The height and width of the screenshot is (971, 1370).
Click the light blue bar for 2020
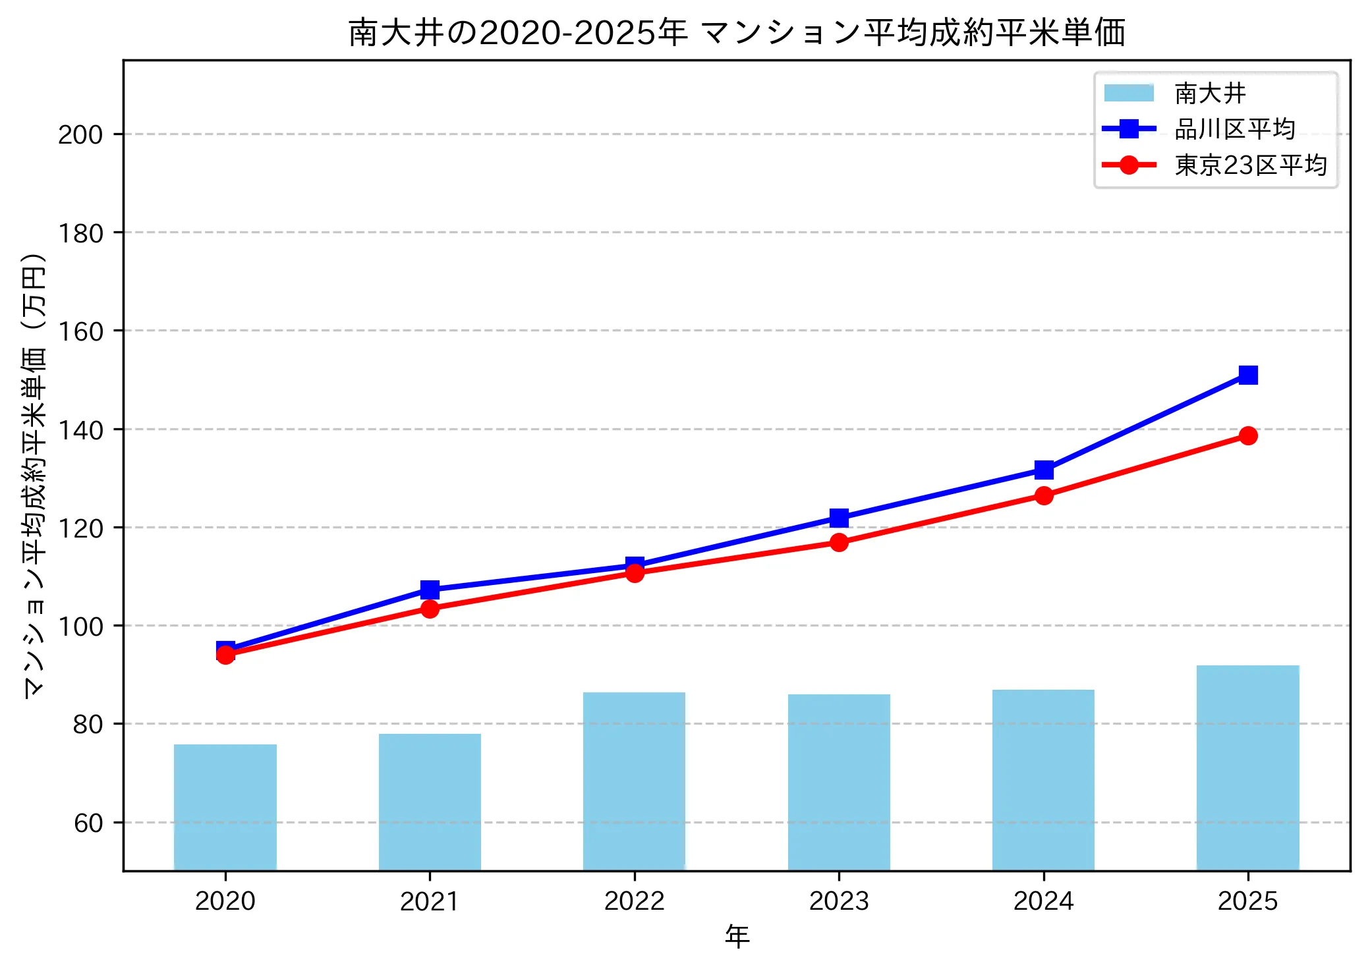(x=225, y=807)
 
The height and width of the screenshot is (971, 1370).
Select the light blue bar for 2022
(x=634, y=781)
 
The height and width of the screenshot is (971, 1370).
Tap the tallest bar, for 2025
(x=1247, y=767)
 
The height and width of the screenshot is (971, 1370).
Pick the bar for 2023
(x=838, y=782)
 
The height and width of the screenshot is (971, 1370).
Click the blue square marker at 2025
(x=1247, y=375)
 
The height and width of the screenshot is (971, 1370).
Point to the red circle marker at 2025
(x=1247, y=435)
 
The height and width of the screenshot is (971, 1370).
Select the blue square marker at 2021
(x=430, y=589)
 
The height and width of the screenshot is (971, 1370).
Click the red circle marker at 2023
(x=838, y=542)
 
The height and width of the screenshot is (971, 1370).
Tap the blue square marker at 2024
(x=1043, y=470)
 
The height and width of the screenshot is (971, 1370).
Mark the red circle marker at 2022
(x=634, y=573)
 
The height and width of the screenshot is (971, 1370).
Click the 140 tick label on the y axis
(x=80, y=430)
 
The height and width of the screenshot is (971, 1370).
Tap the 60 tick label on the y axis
(x=88, y=823)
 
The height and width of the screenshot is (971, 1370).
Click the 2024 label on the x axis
(x=1043, y=901)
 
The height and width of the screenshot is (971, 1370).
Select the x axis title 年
(x=737, y=936)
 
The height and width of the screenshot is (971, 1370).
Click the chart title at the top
(x=737, y=32)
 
